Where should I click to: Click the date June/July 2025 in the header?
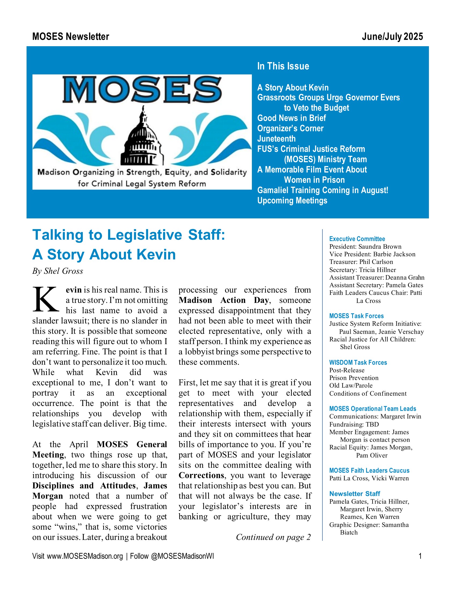(392, 37)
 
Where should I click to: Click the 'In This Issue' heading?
(283, 66)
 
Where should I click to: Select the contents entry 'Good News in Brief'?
(292, 118)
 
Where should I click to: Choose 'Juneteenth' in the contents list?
(276, 139)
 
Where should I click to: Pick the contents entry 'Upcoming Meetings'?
(292, 200)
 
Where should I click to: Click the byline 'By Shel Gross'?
(58, 271)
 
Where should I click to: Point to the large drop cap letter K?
(45, 299)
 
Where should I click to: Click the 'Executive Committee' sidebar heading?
(357, 239)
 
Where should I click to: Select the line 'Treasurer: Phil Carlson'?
(361, 262)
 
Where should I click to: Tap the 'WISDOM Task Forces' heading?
(358, 362)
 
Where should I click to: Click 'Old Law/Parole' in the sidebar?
(351, 385)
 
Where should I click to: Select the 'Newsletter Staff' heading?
(354, 493)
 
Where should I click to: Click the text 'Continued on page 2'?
(273, 537)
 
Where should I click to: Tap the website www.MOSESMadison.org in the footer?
(85, 556)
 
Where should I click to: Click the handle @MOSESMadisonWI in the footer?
(182, 556)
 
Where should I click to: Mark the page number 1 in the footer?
(420, 556)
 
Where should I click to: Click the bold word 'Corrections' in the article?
(201, 475)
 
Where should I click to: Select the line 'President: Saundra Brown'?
(365, 247)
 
